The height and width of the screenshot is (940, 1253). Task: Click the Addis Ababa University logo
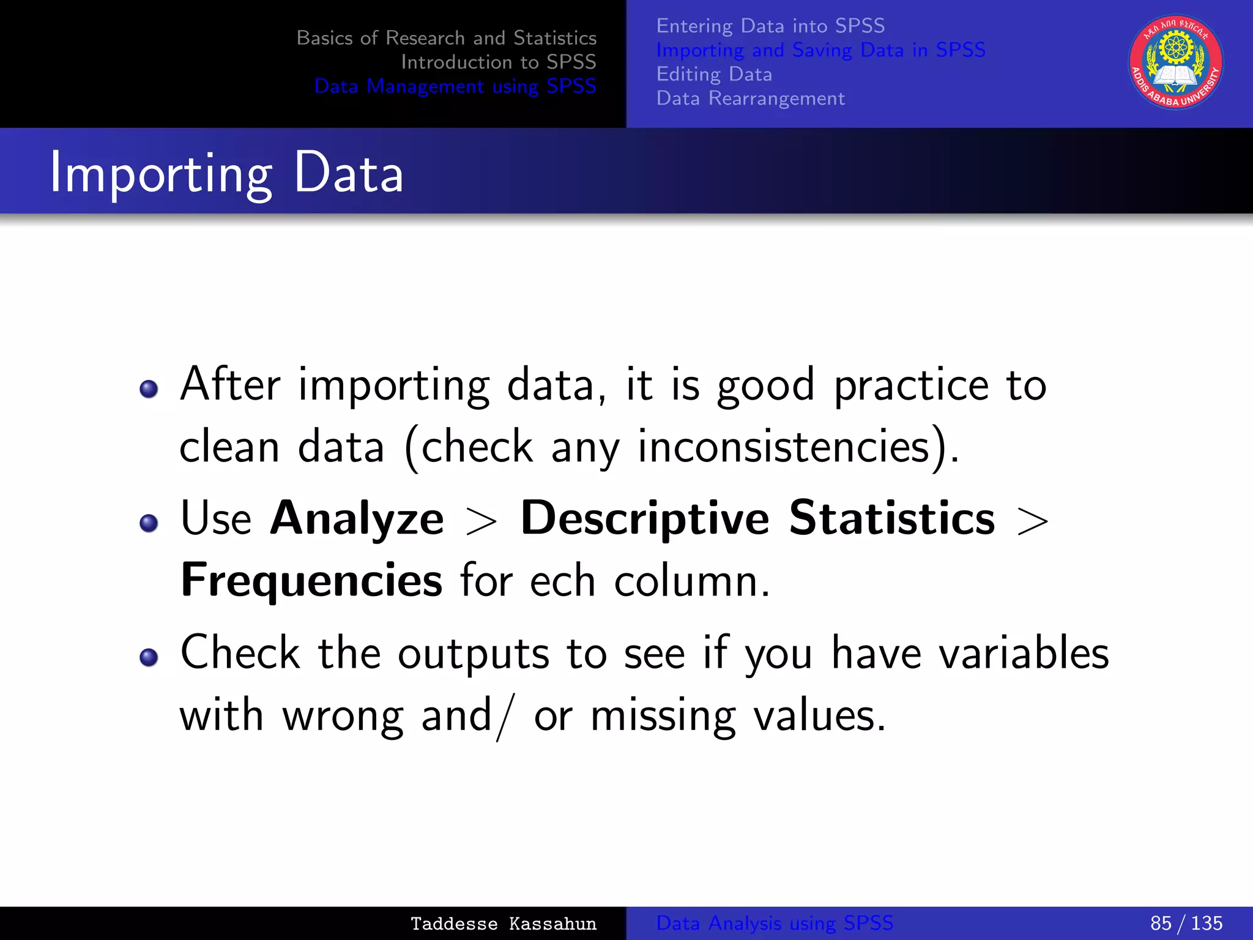click(x=1175, y=62)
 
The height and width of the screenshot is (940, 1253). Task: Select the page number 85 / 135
click(x=1186, y=923)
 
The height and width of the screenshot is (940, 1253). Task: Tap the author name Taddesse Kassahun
click(x=503, y=923)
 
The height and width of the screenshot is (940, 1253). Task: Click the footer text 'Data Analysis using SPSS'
click(x=774, y=923)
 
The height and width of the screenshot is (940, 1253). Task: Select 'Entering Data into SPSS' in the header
click(x=770, y=26)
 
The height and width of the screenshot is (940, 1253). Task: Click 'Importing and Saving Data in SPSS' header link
click(x=820, y=50)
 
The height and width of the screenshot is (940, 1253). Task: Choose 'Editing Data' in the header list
click(x=714, y=74)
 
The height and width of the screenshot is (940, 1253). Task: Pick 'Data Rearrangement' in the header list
click(x=750, y=99)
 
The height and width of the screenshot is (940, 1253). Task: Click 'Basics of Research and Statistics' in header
click(x=446, y=38)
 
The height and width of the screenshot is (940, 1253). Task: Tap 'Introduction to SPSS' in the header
click(x=498, y=62)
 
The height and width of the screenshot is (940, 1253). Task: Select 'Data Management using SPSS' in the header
click(x=455, y=86)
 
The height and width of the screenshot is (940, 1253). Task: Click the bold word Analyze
click(x=357, y=518)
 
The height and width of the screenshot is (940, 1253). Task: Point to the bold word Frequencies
click(x=311, y=580)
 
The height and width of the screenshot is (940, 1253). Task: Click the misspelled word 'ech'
click(x=562, y=580)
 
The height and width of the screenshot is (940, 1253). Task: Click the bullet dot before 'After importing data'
click(x=149, y=389)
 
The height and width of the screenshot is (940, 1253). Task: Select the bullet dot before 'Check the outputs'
click(x=149, y=657)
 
